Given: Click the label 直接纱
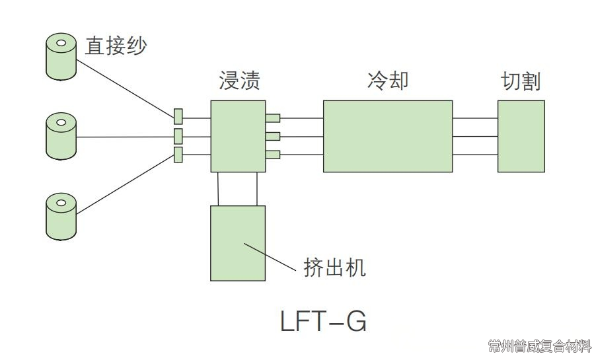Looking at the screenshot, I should (x=116, y=46).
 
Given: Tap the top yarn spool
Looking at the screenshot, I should (x=61, y=57).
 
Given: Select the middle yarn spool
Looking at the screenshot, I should (x=61, y=137).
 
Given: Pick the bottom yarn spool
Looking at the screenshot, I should (x=61, y=216).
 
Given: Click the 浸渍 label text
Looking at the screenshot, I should (x=239, y=80).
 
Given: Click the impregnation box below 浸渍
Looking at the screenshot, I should (x=238, y=136).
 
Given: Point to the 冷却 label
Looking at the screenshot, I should (x=388, y=80).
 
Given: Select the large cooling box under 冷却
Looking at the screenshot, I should (x=388, y=136).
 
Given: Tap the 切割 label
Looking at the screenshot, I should (x=521, y=81).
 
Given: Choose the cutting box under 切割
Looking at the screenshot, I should (x=521, y=136).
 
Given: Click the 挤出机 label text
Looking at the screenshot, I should (x=334, y=268).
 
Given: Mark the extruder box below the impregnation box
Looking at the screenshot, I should (x=238, y=243).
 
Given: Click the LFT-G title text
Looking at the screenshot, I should (x=323, y=321).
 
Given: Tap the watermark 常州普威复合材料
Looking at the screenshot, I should (x=539, y=346).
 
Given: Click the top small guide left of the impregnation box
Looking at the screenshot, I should (x=178, y=117).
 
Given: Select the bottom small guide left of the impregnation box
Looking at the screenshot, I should (x=178, y=155).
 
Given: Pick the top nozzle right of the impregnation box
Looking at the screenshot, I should (x=273, y=118).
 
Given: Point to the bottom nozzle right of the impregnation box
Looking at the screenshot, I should (x=273, y=155).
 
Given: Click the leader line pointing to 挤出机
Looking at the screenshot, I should (x=270, y=257).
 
